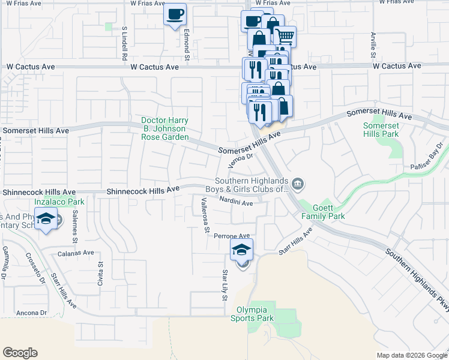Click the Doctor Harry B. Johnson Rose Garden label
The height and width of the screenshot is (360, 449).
(165, 128)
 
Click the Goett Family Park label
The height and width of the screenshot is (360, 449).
(323, 211)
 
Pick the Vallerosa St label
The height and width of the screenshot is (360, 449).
(205, 214)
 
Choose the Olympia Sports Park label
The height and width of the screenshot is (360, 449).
(252, 314)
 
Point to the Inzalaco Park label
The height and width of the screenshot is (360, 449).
(59, 202)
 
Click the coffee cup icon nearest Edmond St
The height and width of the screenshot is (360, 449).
(175, 14)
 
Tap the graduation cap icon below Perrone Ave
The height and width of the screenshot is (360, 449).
(242, 250)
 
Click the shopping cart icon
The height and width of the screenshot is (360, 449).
(285, 37)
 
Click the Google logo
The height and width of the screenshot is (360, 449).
(20, 353)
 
